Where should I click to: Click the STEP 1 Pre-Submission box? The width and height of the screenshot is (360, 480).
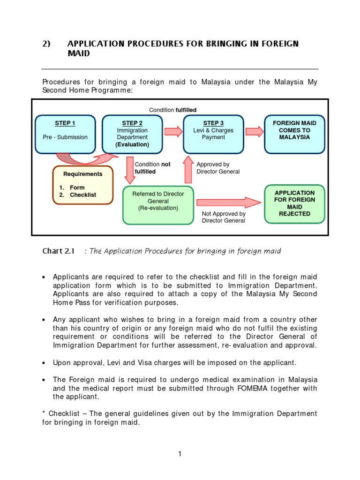(66, 134)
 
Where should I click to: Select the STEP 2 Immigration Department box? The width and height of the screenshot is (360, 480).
(132, 134)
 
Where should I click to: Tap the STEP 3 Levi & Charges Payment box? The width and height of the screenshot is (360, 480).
(213, 134)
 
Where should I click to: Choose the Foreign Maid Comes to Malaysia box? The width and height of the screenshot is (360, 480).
(294, 134)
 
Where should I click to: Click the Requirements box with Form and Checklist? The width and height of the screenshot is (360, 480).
(83, 185)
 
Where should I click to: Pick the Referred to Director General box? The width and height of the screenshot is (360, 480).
(158, 205)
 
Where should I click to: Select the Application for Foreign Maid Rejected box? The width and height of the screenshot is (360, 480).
(294, 203)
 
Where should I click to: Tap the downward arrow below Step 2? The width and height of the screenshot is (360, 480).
(129, 170)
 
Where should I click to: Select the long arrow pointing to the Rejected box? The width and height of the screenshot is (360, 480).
(228, 202)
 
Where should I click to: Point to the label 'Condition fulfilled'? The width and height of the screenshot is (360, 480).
(172, 110)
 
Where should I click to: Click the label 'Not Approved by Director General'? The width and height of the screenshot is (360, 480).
(224, 217)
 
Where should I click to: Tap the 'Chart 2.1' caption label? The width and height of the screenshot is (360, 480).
(58, 251)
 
